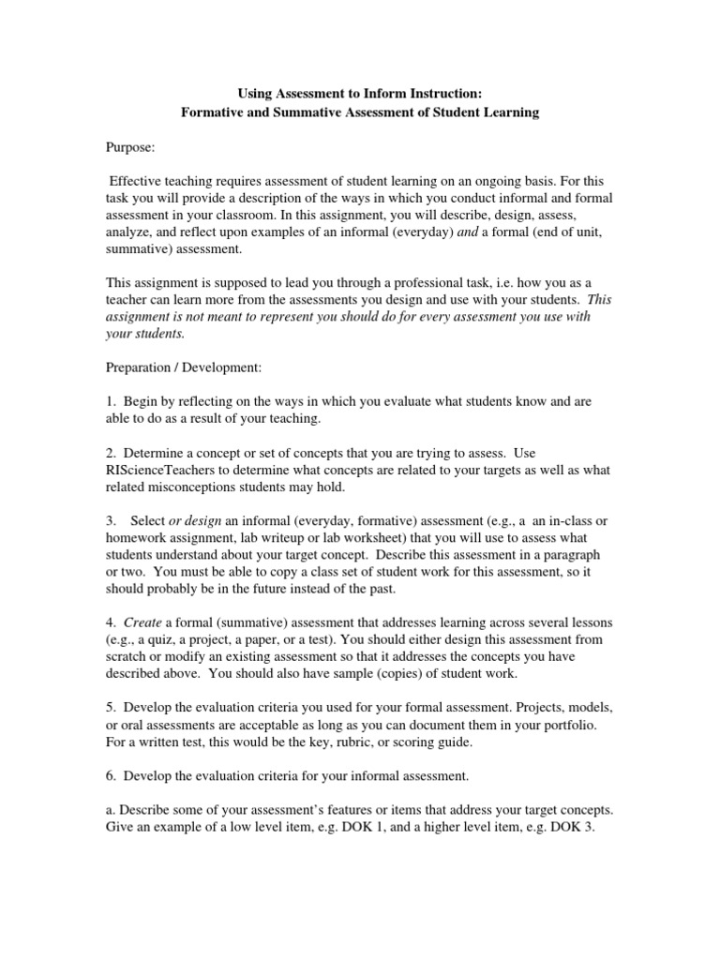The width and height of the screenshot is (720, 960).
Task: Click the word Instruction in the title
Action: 445,93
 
